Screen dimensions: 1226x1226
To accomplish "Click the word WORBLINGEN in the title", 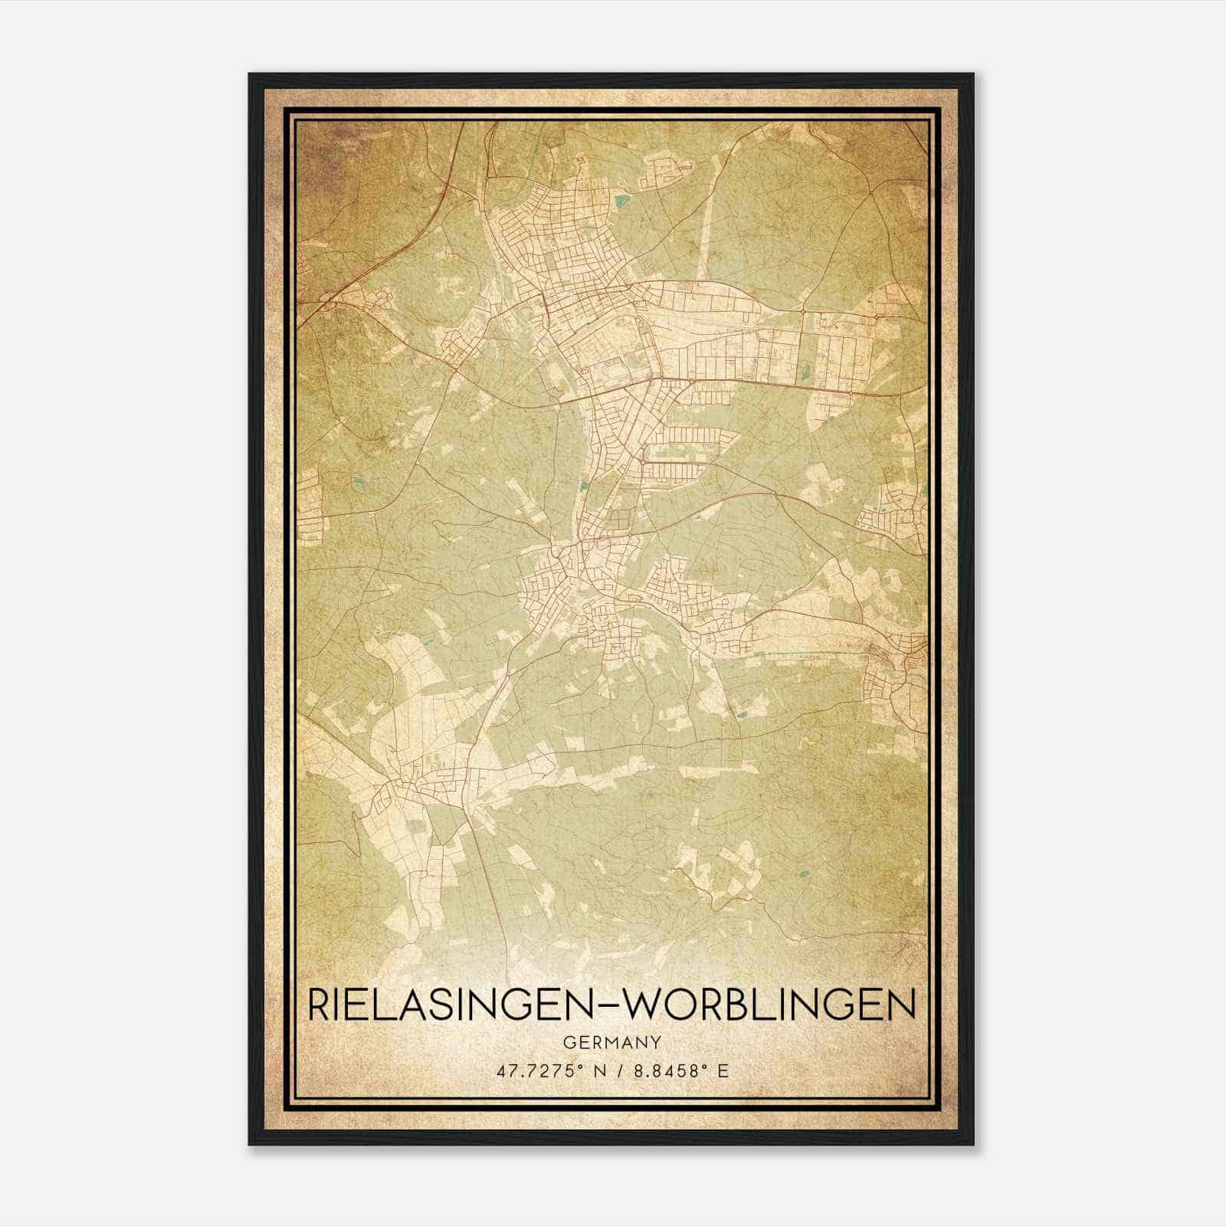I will (x=767, y=1005).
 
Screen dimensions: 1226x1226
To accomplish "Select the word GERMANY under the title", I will (x=611, y=1043).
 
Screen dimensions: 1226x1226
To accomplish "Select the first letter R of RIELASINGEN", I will (x=317, y=1005).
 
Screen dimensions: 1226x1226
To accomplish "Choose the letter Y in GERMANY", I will (x=654, y=1043).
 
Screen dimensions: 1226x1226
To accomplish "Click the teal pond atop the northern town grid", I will (x=621, y=202).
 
